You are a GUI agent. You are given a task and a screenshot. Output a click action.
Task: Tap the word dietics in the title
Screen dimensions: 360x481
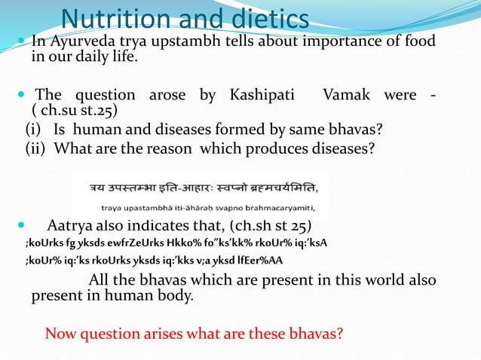(261, 18)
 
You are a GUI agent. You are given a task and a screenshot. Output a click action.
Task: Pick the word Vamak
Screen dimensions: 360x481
(347, 96)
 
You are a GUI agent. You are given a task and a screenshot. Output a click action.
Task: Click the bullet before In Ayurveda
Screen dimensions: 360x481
(20, 41)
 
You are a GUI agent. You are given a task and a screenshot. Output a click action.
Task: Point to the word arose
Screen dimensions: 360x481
(170, 96)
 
